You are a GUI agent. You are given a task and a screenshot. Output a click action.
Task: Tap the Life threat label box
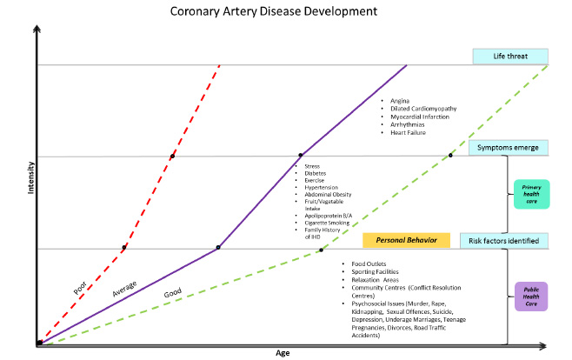tap(510, 56)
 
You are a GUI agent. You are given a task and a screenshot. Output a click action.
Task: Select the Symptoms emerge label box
tap(509, 148)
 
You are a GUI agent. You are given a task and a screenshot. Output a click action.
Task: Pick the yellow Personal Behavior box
tap(406, 240)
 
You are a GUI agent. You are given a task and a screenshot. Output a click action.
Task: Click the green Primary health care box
tap(531, 194)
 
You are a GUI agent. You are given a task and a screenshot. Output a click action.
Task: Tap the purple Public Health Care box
tap(531, 297)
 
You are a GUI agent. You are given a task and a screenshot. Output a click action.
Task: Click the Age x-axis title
tap(282, 352)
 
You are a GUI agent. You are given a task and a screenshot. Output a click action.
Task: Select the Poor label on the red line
tap(81, 283)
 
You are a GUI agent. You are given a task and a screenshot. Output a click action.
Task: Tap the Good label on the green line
tap(173, 294)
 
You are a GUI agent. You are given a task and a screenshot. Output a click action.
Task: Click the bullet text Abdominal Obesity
tap(328, 194)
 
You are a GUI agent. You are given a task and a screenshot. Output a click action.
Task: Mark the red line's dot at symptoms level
tap(172, 156)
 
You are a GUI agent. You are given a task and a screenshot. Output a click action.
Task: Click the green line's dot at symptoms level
tap(450, 156)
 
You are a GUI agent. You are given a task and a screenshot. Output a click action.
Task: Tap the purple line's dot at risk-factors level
tap(218, 248)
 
